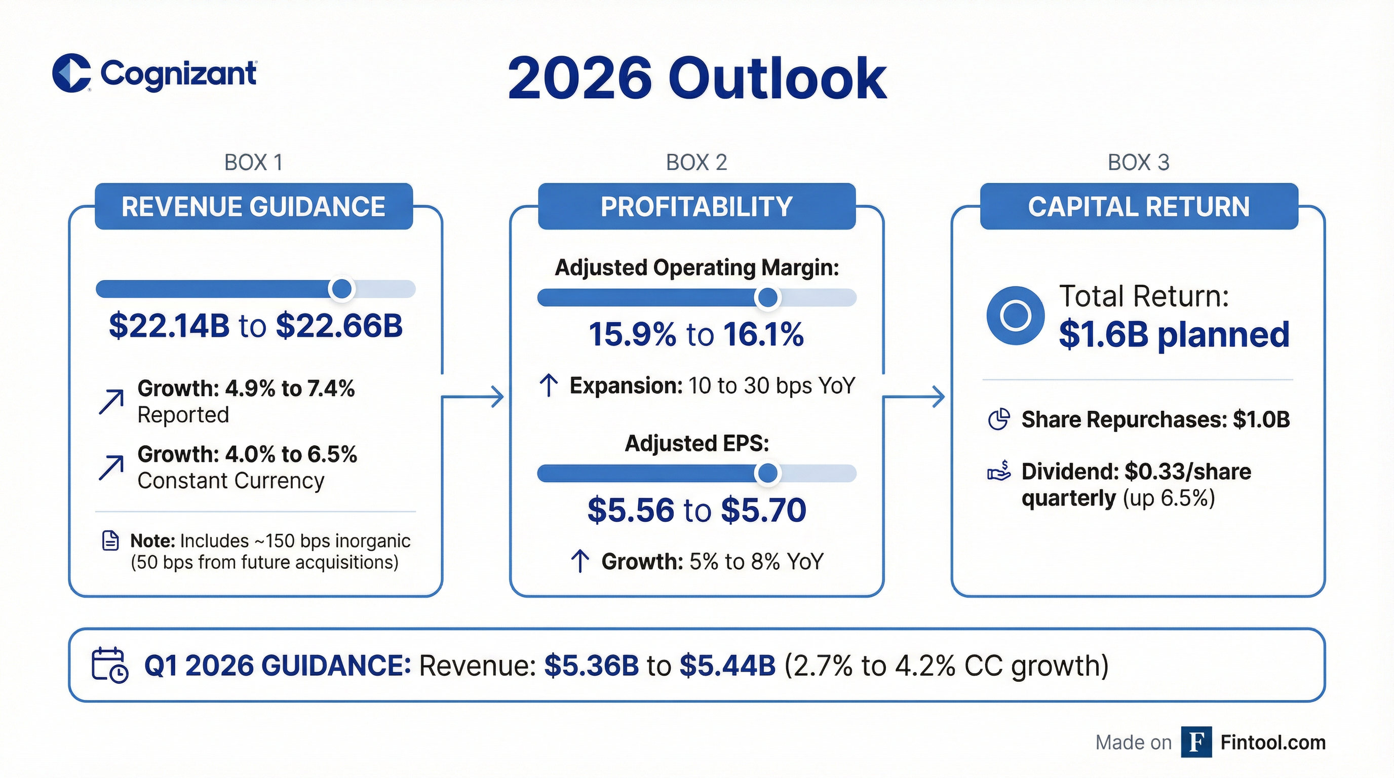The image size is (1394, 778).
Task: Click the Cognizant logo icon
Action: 71,73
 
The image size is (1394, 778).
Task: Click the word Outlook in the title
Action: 778,80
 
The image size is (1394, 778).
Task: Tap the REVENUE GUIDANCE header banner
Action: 253,207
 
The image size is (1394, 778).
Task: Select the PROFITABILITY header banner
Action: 696,207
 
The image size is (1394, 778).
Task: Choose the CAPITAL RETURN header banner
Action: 1139,207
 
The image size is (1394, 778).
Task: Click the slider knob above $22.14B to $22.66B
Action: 341,289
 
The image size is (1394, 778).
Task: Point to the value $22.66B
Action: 339,326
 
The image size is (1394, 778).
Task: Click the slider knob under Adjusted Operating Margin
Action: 767,297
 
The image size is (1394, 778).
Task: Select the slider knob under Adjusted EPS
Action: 767,474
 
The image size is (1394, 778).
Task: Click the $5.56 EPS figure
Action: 631,510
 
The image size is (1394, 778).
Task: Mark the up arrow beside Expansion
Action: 549,386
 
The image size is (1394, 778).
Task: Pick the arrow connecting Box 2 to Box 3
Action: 914,397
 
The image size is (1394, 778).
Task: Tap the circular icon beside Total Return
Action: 1015,316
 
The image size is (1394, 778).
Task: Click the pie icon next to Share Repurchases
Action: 998,419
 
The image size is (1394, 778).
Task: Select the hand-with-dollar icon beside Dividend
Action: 998,471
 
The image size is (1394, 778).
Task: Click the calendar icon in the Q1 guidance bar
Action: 110,665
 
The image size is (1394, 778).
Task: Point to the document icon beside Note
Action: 110,540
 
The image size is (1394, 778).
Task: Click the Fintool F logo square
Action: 1196,743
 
